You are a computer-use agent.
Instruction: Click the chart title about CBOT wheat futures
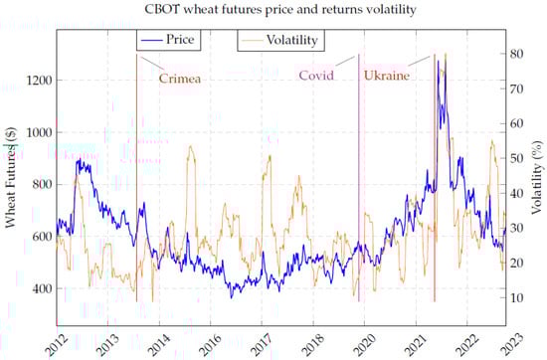[x=273, y=11]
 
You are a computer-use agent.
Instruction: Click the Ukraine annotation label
[x=386, y=76]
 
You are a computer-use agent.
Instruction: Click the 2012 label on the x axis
[x=57, y=346]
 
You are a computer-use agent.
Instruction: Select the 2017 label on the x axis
[x=262, y=346]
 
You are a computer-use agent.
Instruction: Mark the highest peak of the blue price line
[x=438, y=62]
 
